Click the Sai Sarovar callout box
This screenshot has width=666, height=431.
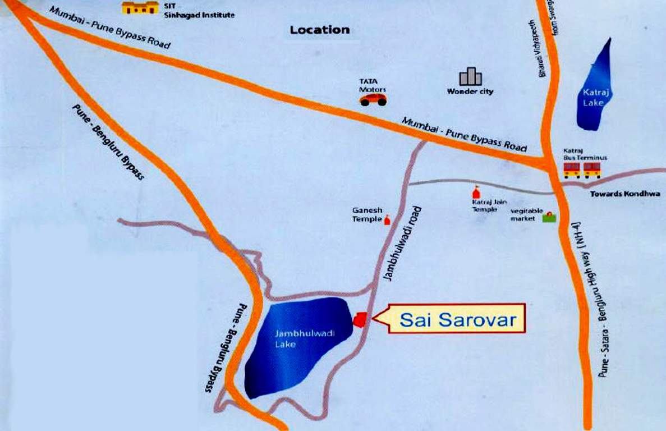pos(457,319)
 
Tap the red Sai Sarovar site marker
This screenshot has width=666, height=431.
pos(360,319)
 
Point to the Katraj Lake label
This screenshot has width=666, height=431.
pos(592,99)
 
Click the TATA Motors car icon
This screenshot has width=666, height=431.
pos(373,99)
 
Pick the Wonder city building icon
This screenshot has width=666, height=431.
pos(470,77)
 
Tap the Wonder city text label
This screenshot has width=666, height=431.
pos(470,91)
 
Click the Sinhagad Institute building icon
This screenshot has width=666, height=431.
pos(140,7)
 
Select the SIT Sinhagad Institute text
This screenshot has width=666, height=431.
pos(197,11)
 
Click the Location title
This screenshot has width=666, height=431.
pos(319,30)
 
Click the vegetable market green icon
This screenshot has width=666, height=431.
pos(549,217)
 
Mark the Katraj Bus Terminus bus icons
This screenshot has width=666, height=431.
pos(582,169)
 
